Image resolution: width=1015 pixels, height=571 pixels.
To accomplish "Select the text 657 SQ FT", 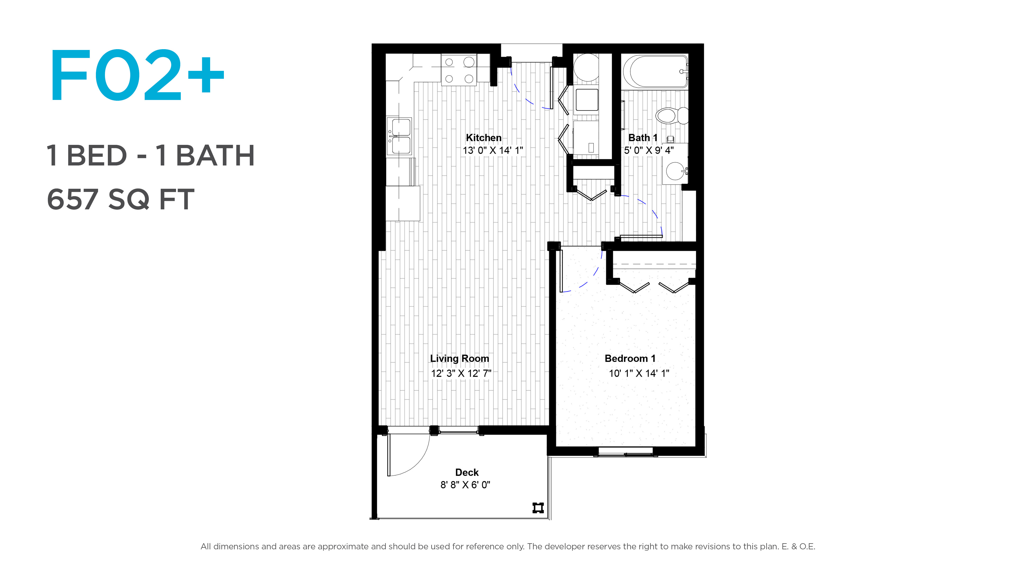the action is [121, 199].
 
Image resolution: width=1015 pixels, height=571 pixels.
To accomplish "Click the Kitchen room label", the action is [483, 137].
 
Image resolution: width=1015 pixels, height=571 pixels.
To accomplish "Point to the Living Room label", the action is [459, 359].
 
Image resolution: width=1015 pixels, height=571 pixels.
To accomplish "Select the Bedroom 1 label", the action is [630, 359].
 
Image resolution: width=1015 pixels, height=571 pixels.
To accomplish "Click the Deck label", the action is [467, 472].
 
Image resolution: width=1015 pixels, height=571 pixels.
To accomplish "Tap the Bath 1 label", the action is [643, 137].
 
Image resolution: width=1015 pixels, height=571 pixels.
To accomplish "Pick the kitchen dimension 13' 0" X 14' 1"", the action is [492, 150].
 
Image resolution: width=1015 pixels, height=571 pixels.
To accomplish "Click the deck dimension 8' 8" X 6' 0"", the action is [465, 485].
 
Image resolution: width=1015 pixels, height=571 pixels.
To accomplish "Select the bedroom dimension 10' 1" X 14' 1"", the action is [639, 373].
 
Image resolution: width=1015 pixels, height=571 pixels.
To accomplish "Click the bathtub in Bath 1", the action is [655, 71].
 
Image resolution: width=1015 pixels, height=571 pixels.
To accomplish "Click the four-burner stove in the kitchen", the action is [459, 70].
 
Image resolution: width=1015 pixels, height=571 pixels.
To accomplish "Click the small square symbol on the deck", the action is [538, 508].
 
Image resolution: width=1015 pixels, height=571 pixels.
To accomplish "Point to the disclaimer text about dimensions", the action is [508, 546].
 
